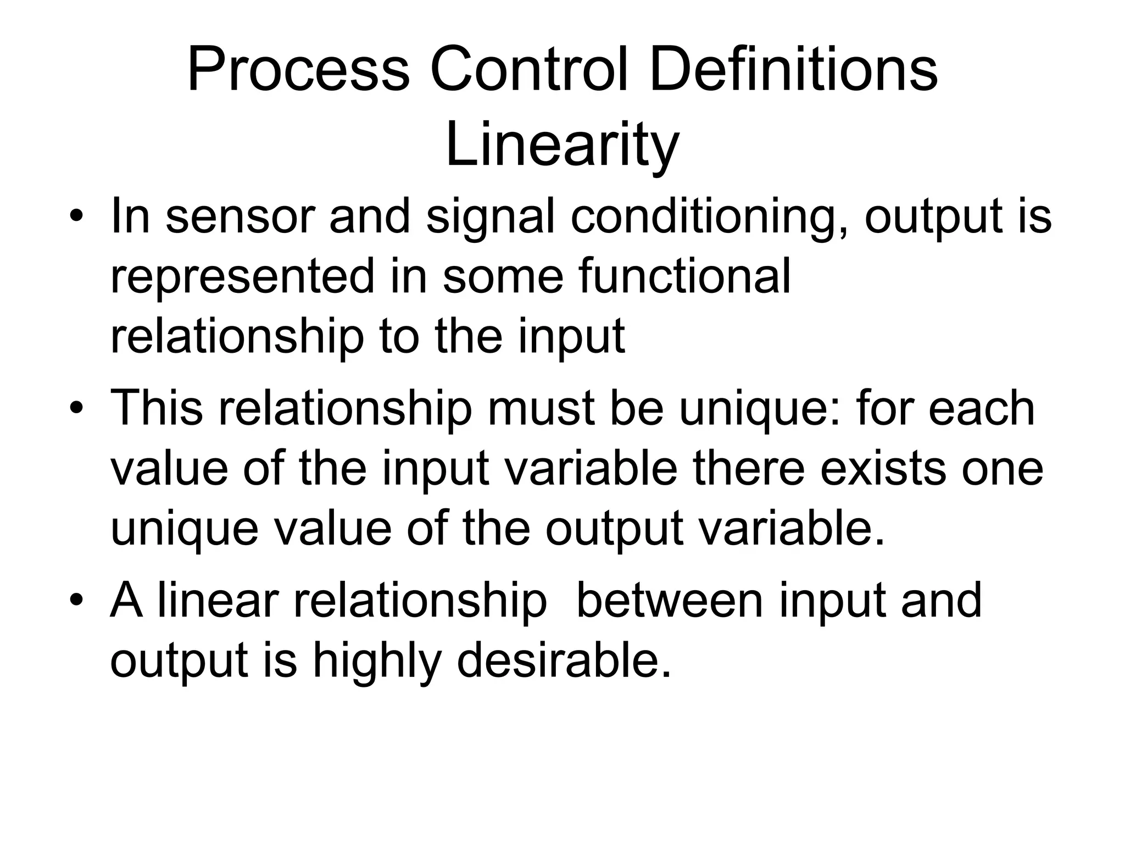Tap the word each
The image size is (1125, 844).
[982, 408]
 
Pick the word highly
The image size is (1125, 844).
[377, 661]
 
